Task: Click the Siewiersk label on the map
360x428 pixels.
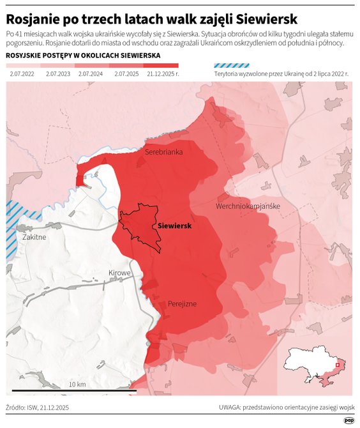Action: click(175, 225)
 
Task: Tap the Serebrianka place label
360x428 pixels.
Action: click(164, 152)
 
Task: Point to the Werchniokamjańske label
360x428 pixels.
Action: click(248, 206)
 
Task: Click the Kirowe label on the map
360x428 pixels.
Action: click(119, 273)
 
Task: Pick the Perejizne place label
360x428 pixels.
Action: click(182, 304)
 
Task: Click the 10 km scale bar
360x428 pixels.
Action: click(77, 390)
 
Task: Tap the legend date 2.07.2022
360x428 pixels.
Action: click(23, 75)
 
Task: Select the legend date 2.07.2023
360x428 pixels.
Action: click(59, 75)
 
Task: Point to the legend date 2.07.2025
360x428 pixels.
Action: click(127, 75)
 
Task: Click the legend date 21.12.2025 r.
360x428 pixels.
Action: click(162, 75)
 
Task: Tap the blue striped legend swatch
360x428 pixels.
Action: click(232, 65)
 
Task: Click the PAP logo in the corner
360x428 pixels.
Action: click(349, 420)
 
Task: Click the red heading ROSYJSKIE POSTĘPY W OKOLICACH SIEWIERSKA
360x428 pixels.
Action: click(82, 56)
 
